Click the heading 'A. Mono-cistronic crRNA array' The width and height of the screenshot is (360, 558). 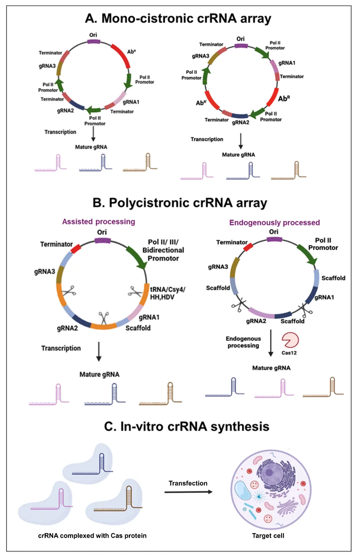tap(178, 18)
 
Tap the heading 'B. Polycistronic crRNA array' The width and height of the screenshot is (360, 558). tap(180, 203)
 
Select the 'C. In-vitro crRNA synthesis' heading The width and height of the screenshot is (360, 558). tap(187, 427)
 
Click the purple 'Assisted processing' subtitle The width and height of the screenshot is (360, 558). tap(99, 222)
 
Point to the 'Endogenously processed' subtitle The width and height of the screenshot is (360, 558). tap(275, 223)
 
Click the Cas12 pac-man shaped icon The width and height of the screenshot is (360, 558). tap(290, 340)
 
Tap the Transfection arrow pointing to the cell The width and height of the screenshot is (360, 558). tap(188, 492)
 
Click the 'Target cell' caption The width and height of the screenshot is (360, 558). tap(268, 536)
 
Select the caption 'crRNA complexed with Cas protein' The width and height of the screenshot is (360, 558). tap(92, 536)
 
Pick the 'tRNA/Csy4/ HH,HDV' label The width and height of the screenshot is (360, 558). tap(167, 293)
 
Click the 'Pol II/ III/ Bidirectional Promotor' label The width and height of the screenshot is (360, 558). tap(163, 250)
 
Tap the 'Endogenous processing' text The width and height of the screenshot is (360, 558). tap(243, 342)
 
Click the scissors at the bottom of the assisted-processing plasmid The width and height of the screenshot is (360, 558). tap(104, 318)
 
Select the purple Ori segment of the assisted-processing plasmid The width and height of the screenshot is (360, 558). tap(102, 240)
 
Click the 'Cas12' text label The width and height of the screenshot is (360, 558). tap(289, 353)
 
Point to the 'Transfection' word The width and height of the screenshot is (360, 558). tap(188, 483)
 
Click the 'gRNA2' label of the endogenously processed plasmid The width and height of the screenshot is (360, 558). tap(256, 321)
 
